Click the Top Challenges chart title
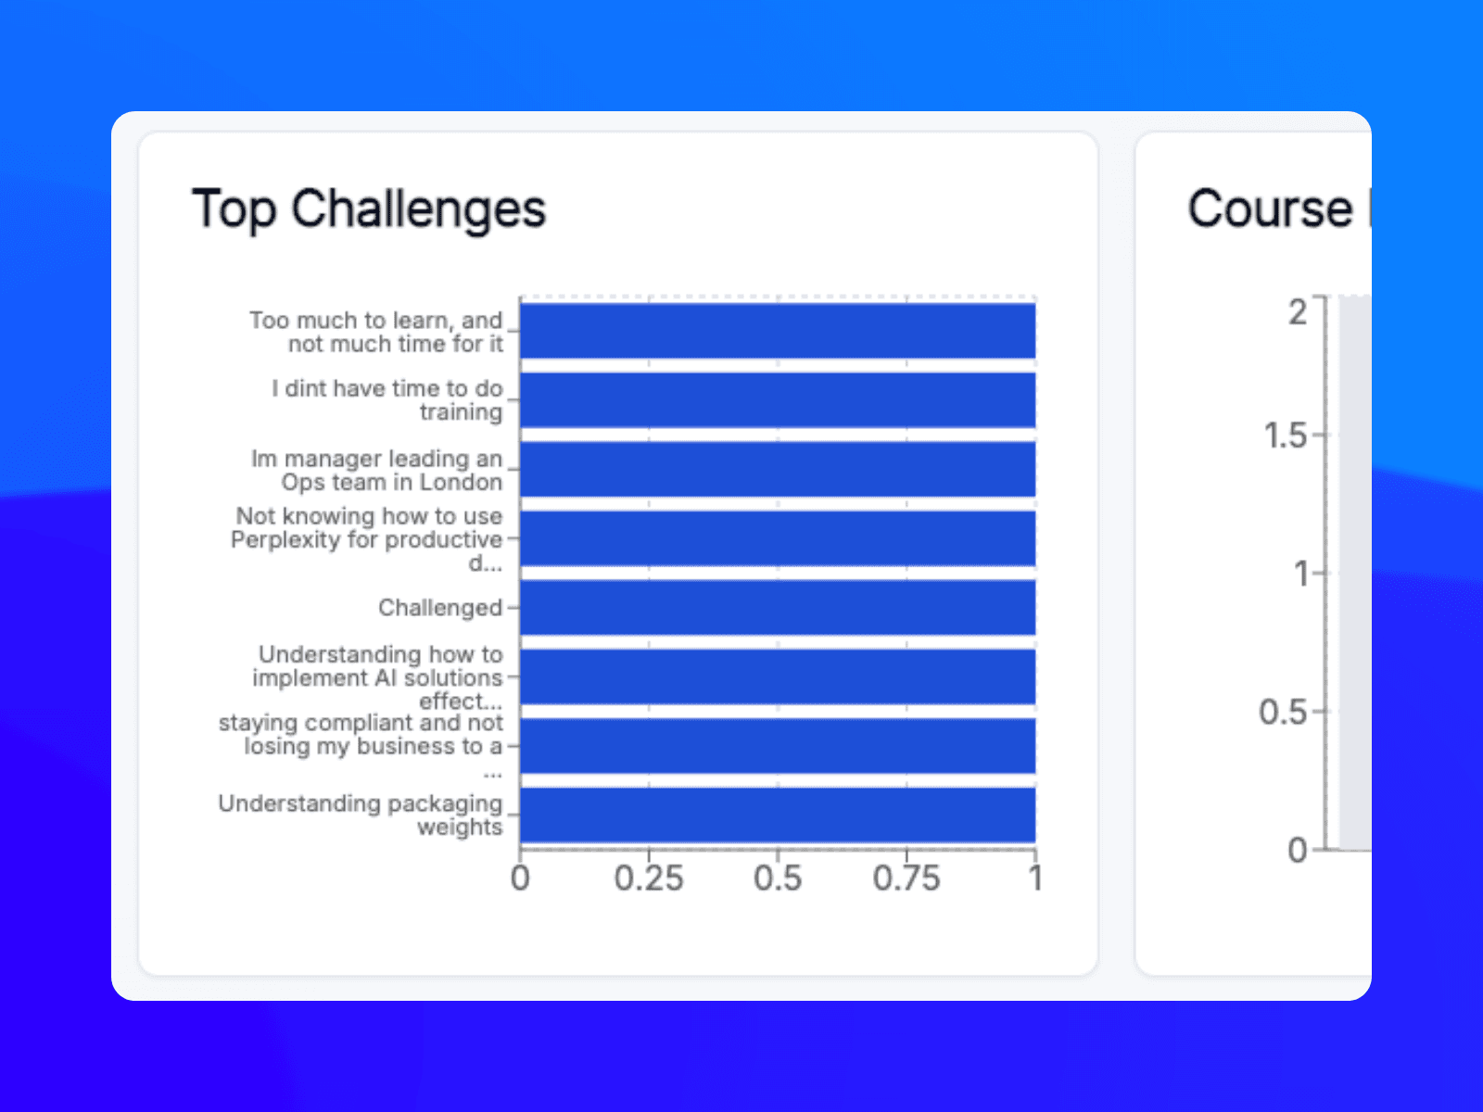pos(369,209)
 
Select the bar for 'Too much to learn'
pos(778,331)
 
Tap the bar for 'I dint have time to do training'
pos(778,400)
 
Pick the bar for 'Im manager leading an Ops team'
pos(778,469)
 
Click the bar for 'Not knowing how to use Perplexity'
pos(778,538)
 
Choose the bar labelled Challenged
pos(778,608)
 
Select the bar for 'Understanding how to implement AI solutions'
pos(778,676)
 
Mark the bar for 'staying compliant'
pos(778,746)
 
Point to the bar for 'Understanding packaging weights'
pos(778,815)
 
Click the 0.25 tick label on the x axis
pos(649,878)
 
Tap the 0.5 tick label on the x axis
pos(778,878)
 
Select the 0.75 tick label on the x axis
pos(906,878)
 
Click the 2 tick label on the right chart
pos(1298,312)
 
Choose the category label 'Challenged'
pos(440,608)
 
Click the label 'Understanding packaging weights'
pos(361,815)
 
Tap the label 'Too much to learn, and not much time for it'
pos(377,332)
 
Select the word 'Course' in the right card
pos(1270,209)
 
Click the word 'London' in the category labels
pos(461,482)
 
